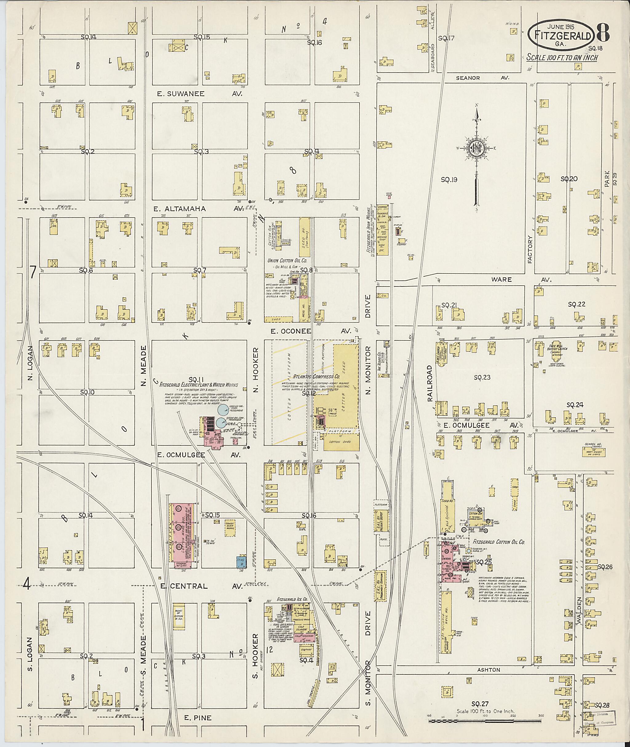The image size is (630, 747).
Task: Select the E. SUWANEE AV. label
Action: (200, 94)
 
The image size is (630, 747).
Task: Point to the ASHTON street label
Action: (489, 670)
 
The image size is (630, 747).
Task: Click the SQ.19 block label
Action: (449, 180)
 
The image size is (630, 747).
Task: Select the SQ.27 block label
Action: (480, 704)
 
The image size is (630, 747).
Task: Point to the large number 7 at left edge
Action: (33, 272)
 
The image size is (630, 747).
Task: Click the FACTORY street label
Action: (530, 249)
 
